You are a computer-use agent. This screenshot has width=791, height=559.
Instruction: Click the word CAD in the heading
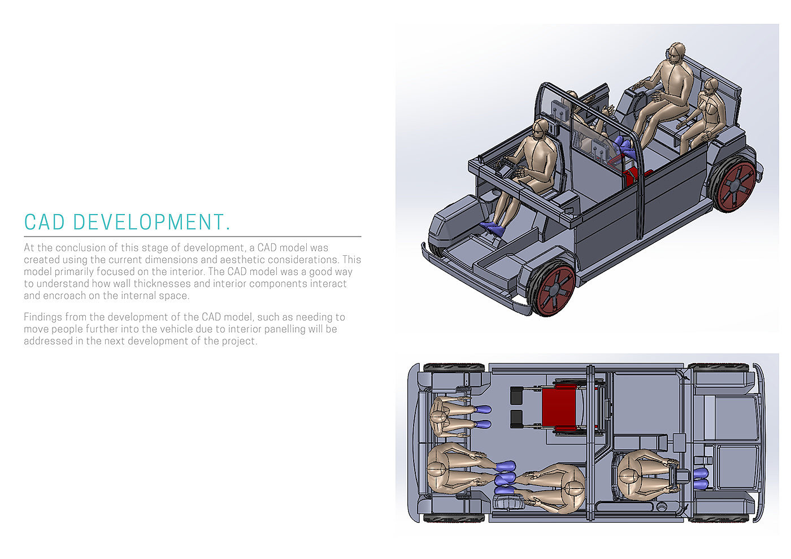[x=45, y=222]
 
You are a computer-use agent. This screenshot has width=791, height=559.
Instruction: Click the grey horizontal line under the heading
[x=193, y=237]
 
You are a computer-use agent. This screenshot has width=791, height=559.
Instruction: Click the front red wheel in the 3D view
[x=553, y=289]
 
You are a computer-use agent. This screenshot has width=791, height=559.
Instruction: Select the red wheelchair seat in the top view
[x=559, y=407]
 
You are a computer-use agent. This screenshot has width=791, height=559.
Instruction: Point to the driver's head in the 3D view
[x=540, y=129]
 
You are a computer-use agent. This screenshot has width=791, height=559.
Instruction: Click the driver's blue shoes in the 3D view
[x=493, y=228]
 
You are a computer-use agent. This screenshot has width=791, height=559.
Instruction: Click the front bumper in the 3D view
[x=477, y=279]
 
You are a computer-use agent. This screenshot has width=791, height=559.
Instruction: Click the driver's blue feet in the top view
[x=701, y=478]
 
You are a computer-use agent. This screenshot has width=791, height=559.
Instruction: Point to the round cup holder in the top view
[x=661, y=507]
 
